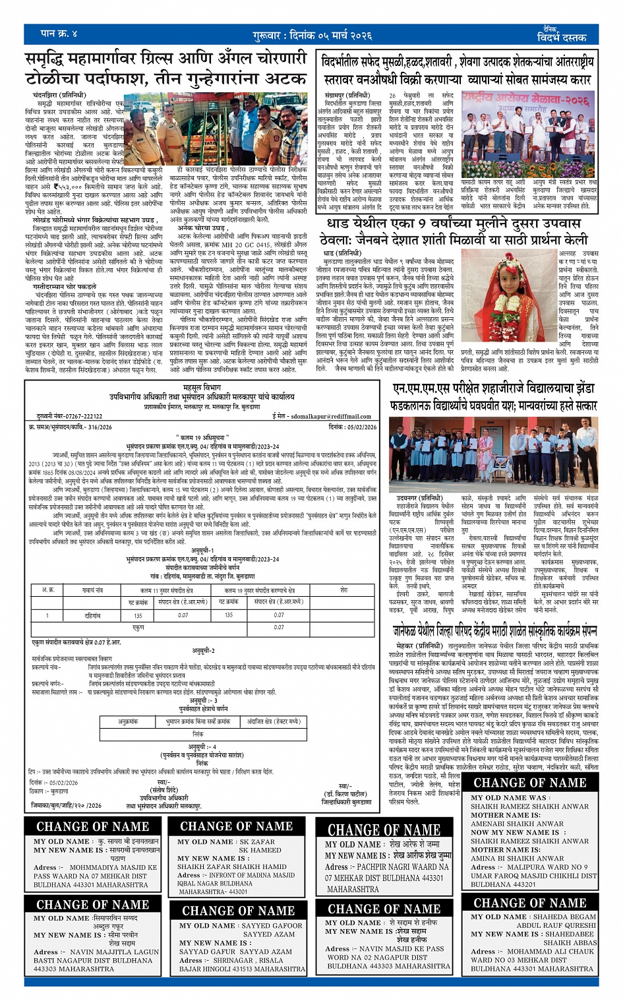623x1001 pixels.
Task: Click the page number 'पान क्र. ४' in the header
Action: [59, 34]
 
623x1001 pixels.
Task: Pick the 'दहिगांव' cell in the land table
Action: [92, 615]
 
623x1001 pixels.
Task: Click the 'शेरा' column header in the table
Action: [343, 590]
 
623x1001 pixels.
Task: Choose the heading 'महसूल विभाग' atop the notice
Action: [201, 388]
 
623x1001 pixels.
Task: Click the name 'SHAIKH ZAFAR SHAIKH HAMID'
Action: [231, 866]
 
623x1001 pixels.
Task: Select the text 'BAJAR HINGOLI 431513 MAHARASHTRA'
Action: [242, 969]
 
